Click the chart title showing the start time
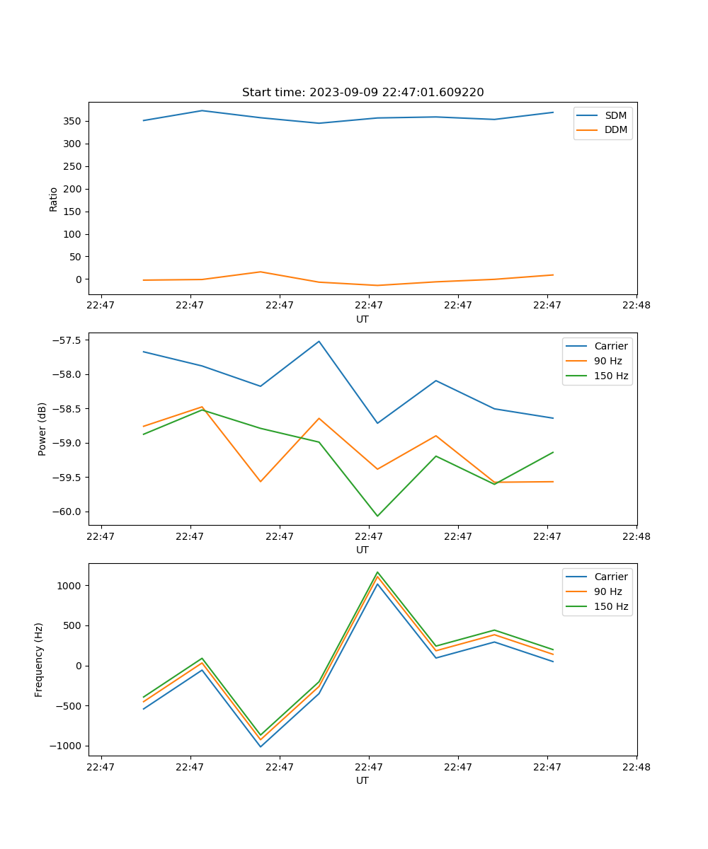pyautogui.click(x=362, y=93)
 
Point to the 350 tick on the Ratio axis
pyautogui.click(x=73, y=121)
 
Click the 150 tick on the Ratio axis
pyautogui.click(x=73, y=212)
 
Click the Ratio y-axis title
pyautogui.click(x=54, y=199)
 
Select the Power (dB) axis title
pyautogui.click(x=42, y=429)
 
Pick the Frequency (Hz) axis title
pyautogui.click(x=39, y=659)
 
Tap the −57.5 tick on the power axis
pyautogui.click(x=68, y=340)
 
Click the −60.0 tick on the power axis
pyautogui.click(x=68, y=512)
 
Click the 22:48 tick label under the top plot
pyautogui.click(x=636, y=306)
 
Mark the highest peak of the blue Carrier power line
pyautogui.click(x=319, y=341)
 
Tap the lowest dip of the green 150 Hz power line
pyautogui.click(x=377, y=516)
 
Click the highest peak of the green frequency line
pyautogui.click(x=377, y=572)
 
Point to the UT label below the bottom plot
pyautogui.click(x=362, y=780)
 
